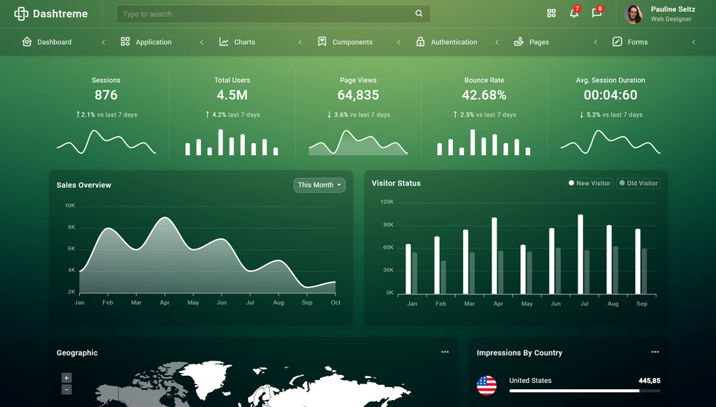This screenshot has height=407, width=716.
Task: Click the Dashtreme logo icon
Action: (21, 14)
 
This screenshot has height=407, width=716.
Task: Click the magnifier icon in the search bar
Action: (419, 14)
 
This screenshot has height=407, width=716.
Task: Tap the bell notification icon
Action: (574, 14)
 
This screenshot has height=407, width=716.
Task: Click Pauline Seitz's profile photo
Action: (633, 14)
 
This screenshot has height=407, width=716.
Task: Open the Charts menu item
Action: (237, 42)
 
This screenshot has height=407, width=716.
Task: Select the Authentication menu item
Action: (447, 42)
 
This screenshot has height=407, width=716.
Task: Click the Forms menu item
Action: (631, 42)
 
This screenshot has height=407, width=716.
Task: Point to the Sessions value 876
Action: (106, 95)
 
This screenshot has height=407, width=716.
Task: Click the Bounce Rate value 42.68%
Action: (484, 95)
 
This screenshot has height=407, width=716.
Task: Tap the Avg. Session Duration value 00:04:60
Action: (611, 95)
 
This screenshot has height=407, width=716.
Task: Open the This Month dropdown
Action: (319, 185)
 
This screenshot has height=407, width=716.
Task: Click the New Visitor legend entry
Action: (589, 184)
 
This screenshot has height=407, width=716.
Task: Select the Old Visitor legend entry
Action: (638, 184)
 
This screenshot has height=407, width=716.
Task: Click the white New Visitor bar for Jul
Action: (581, 254)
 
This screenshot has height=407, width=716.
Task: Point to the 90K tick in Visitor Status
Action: (388, 225)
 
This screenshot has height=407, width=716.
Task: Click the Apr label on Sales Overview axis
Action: (165, 302)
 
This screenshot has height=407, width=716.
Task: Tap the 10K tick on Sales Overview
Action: (71, 206)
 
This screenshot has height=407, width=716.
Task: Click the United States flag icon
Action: (487, 385)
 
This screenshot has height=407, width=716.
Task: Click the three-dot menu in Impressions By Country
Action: (655, 352)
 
